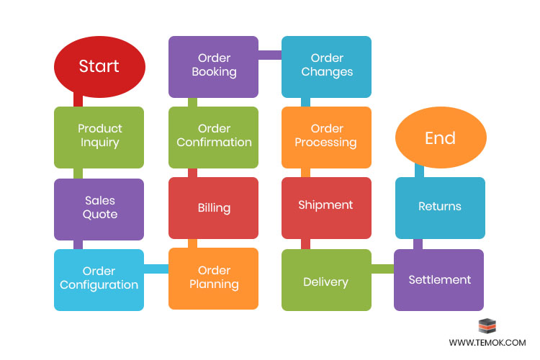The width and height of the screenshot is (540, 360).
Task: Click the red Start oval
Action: point(99,67)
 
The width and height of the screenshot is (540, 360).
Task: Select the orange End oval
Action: point(440,138)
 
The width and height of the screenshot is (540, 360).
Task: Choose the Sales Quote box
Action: point(99,208)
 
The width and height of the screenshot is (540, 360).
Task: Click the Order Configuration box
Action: point(99,279)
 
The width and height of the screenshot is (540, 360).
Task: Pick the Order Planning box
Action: point(214,278)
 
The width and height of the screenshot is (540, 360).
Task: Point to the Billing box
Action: point(214,208)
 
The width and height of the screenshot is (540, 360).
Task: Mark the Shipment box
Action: point(326,206)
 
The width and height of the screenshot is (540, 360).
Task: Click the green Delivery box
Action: point(326,281)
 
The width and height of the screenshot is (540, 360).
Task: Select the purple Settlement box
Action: point(439,279)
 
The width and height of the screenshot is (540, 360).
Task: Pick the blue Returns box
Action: point(439,207)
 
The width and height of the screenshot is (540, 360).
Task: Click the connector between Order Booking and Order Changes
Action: point(270,55)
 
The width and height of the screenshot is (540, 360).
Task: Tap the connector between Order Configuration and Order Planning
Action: point(156,269)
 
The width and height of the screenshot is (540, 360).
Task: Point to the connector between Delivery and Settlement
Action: point(382,269)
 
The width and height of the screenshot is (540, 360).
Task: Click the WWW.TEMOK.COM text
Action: point(487,343)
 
